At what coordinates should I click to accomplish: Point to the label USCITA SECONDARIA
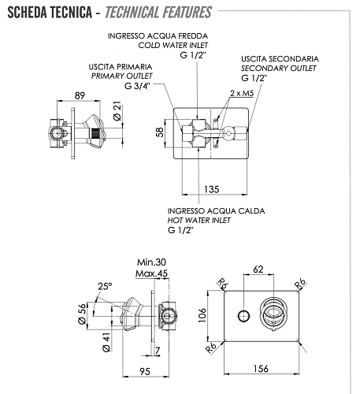280,59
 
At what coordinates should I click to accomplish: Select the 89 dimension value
80,95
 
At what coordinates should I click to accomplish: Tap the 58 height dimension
160,132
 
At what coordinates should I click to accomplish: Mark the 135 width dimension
211,188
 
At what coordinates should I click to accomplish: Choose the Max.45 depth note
152,273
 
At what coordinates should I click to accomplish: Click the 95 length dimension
146,370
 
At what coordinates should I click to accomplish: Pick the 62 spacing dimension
258,269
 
